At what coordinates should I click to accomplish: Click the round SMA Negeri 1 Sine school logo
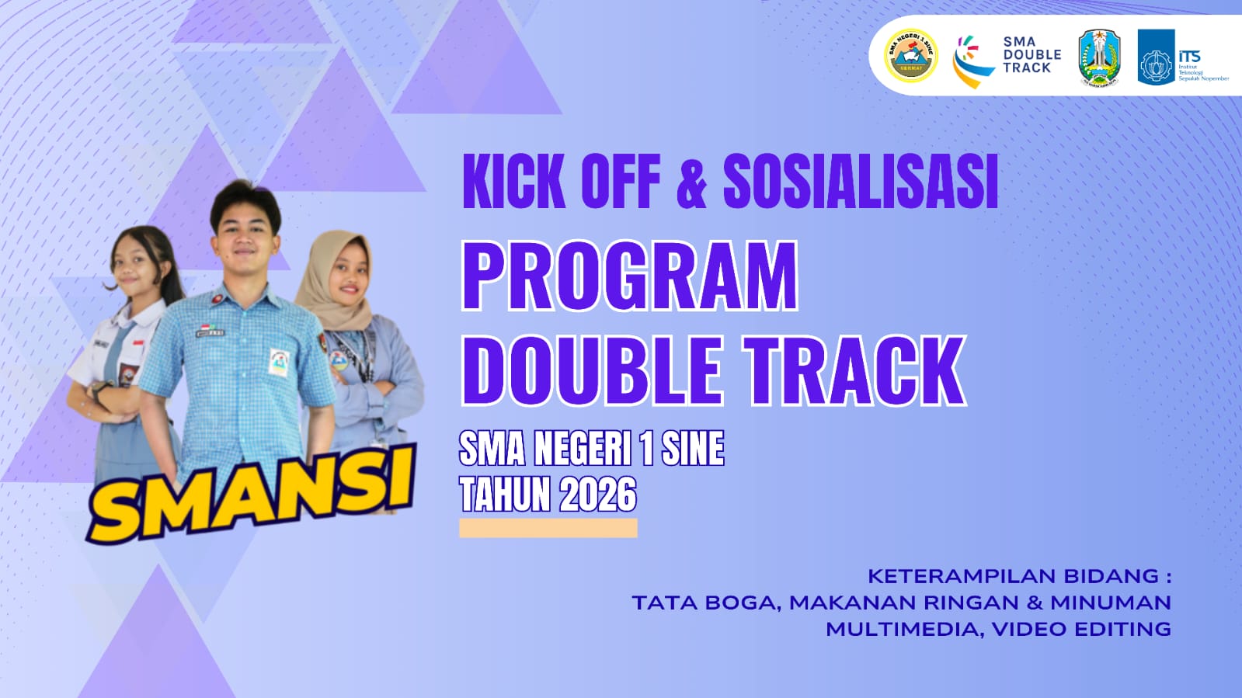click(911, 55)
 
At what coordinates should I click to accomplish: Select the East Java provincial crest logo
click(1099, 57)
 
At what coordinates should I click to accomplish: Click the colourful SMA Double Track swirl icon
click(971, 61)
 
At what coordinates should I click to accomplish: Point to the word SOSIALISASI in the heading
click(860, 182)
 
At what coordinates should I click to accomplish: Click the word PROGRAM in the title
click(630, 276)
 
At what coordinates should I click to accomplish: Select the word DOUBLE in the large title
click(596, 371)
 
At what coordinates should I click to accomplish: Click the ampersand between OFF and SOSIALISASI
click(691, 182)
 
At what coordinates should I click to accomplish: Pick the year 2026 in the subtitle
click(597, 495)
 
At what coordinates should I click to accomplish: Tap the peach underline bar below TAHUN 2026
click(548, 528)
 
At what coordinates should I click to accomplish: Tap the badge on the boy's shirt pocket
click(279, 361)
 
